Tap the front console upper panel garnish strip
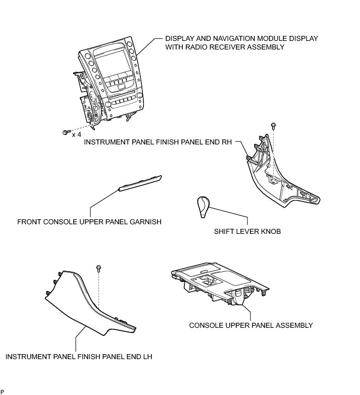[x=140, y=183]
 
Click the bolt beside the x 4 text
[x=66, y=132]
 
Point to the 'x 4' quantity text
[x=77, y=135]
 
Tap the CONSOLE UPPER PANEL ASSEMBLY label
[x=251, y=325]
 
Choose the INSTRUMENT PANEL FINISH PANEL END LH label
[x=79, y=357]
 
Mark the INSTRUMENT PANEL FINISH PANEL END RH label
[x=158, y=142]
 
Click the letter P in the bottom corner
[x=2, y=391]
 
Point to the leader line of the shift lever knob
[x=237, y=218]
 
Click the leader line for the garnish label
[x=101, y=200]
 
